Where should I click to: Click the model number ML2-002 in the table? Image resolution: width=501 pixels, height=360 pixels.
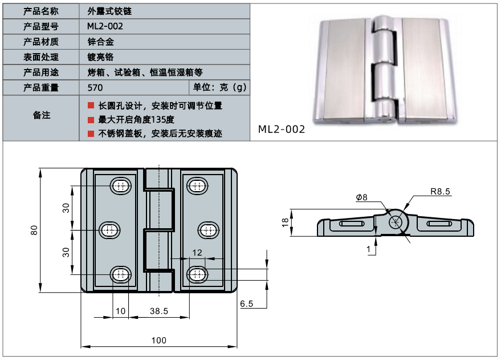click(105, 26)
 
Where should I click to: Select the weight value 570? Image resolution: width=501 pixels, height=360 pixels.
click(95, 88)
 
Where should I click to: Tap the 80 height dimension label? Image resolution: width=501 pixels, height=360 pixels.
click(34, 230)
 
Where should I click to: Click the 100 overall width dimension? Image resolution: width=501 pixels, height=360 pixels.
click(159, 340)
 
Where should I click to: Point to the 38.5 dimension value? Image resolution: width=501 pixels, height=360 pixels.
click(159, 311)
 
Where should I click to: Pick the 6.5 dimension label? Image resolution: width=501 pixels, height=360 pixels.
click(246, 304)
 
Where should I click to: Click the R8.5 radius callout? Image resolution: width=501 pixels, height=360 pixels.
click(440, 191)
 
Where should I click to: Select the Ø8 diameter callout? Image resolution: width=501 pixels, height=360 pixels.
click(362, 197)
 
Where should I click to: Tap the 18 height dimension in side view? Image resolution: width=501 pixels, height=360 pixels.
click(285, 223)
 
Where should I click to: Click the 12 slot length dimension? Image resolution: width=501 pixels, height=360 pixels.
click(197, 253)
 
